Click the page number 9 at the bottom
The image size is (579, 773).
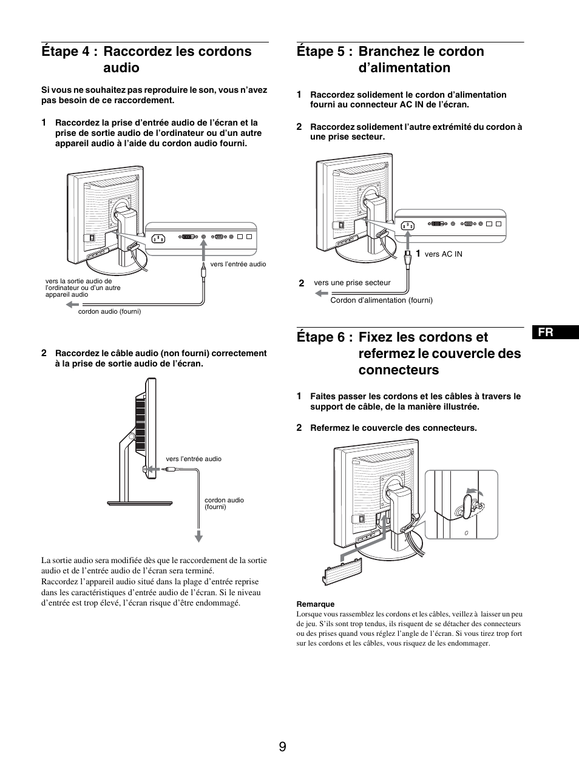tap(283, 746)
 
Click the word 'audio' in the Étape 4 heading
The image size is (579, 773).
tap(121, 67)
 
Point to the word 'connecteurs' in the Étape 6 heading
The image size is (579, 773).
tap(399, 370)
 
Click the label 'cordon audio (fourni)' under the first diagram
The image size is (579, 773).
tap(109, 311)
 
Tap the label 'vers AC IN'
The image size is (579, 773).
tap(443, 254)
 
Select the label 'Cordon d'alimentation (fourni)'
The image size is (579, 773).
tap(381, 300)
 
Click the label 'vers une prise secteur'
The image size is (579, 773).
tap(352, 283)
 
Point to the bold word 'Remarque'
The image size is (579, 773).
tap(315, 604)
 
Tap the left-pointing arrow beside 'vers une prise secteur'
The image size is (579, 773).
tap(320, 293)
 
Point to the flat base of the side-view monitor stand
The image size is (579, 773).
tap(146, 502)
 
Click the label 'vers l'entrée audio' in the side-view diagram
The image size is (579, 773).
tap(194, 459)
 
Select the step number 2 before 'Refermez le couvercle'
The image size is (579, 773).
tap(299, 427)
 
